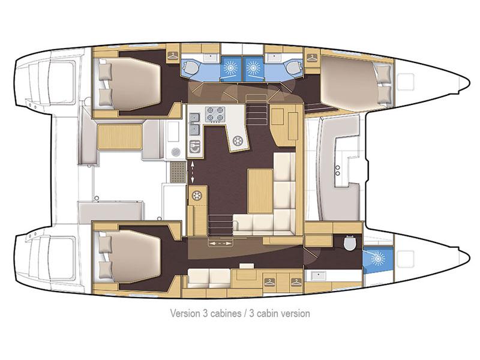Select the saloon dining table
click(x=260, y=191)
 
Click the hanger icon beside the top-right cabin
click(x=311, y=58)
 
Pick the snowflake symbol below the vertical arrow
click(x=196, y=194)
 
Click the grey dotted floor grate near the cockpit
click(x=178, y=173)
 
